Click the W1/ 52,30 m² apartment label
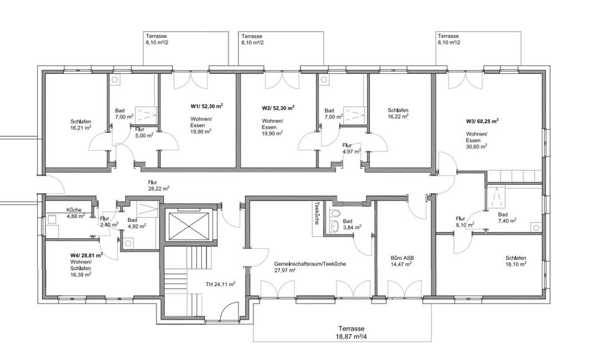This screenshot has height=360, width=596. [206, 106]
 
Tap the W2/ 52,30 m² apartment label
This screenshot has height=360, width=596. [278, 107]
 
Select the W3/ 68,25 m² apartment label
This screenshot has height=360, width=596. [482, 122]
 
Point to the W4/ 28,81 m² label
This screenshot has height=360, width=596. [86, 254]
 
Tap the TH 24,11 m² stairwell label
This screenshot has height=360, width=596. [220, 284]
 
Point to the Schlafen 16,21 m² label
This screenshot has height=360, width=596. [80, 124]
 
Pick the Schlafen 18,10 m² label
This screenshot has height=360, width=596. [516, 261]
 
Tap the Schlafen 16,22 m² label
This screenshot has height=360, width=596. [398, 112]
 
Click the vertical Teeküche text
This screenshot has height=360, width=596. [317, 213]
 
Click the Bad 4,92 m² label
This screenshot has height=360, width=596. [137, 223]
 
